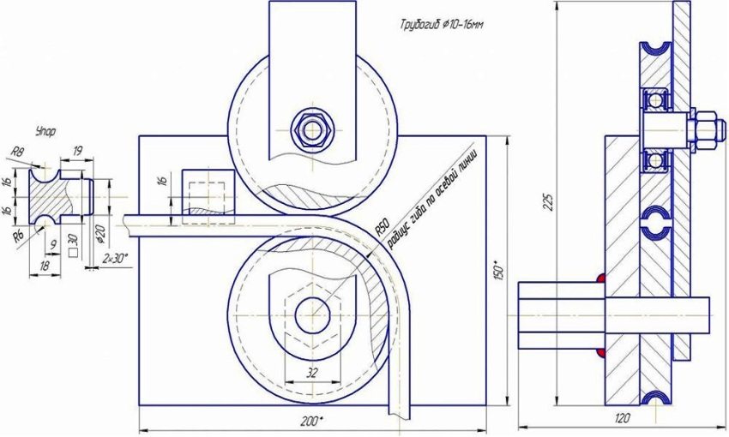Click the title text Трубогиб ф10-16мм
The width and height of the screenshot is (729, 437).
(441, 26)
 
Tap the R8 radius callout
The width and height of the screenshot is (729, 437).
(16, 152)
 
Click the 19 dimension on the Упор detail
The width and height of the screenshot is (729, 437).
(77, 150)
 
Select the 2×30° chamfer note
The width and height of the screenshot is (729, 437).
(116, 257)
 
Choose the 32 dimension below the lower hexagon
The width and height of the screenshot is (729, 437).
(312, 373)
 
